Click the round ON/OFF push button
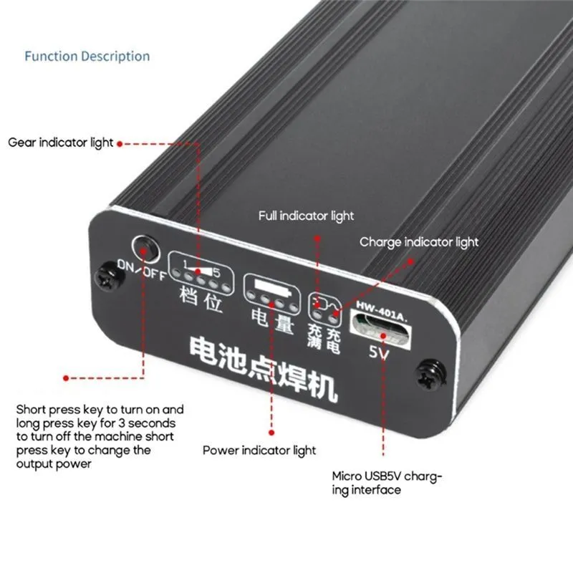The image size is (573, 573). tap(145, 249)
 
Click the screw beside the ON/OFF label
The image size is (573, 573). tap(109, 276)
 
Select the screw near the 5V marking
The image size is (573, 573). tap(431, 375)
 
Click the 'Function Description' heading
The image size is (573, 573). tap(87, 57)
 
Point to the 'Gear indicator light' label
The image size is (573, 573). tap(61, 143)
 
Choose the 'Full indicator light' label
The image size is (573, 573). tap(307, 216)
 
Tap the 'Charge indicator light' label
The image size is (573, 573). tap(419, 242)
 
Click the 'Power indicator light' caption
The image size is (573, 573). tap(259, 451)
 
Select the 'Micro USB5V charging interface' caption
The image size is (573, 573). tap(387, 483)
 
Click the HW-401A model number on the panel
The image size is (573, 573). tap(382, 311)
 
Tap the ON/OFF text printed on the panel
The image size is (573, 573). tap(142, 270)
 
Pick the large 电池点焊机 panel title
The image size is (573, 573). tap(263, 369)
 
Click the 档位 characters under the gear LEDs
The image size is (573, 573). tap(201, 299)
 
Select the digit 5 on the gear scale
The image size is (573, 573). tap(217, 273)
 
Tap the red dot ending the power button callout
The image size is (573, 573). tap(66, 378)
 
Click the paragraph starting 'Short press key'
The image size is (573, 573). tap(100, 437)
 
